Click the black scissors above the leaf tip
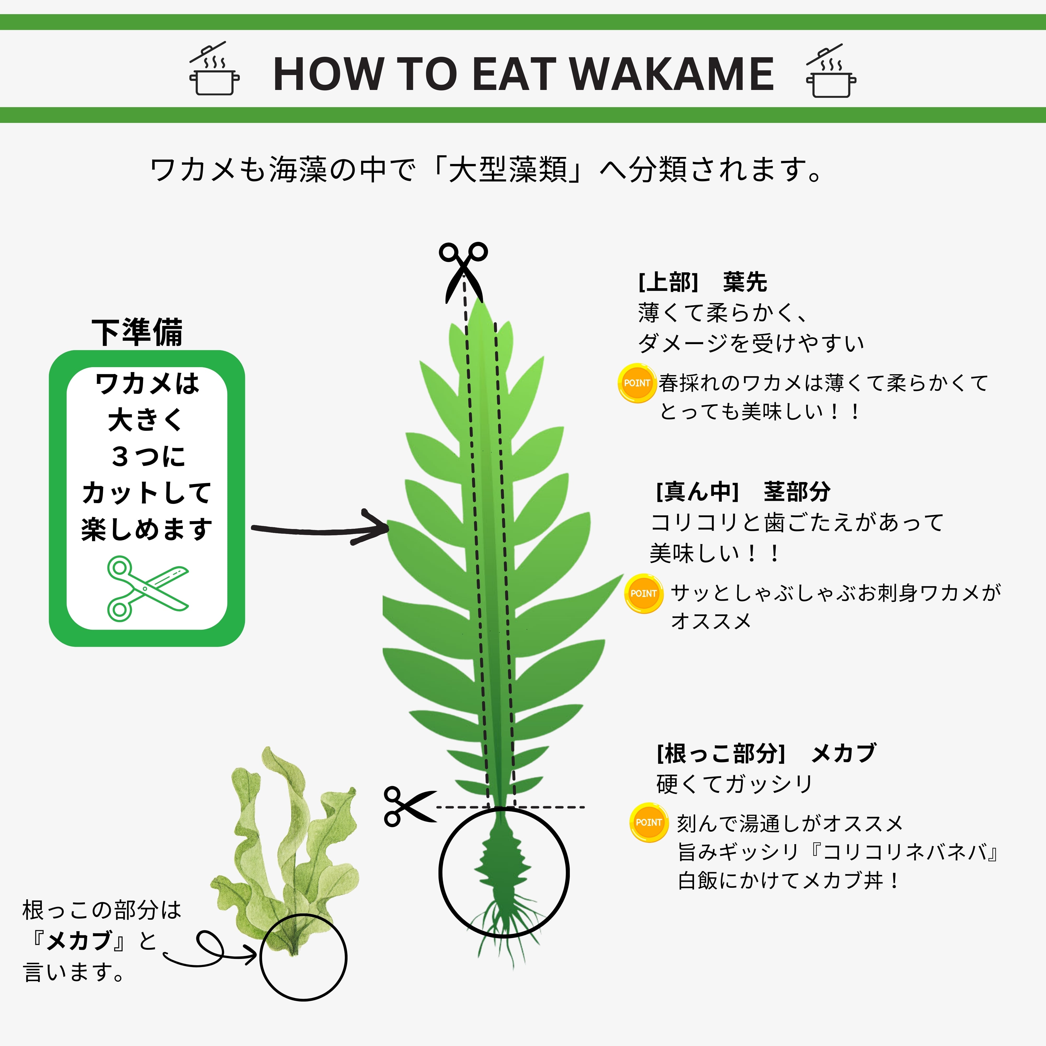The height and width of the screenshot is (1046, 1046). [x=463, y=271]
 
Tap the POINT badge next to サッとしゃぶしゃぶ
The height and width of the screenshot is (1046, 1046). [x=643, y=593]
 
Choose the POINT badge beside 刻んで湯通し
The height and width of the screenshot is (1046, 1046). [x=649, y=822]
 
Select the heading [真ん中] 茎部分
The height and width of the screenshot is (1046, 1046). [x=743, y=491]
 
